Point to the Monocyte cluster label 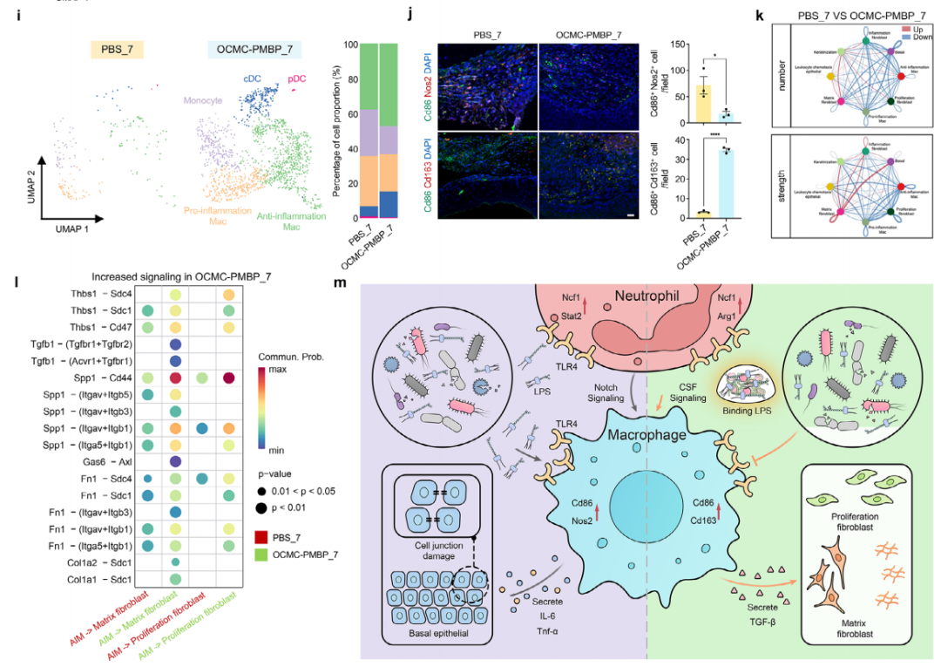click(x=202, y=101)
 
